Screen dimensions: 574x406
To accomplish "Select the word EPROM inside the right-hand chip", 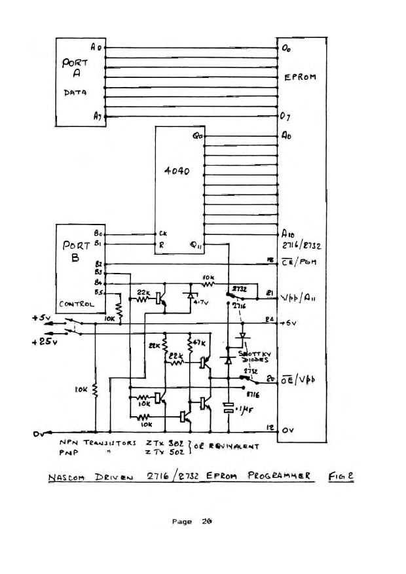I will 301,77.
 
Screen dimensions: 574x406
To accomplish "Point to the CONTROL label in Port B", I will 76,304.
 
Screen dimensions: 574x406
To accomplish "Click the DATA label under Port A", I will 72,94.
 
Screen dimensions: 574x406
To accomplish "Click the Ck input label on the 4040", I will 162,232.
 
